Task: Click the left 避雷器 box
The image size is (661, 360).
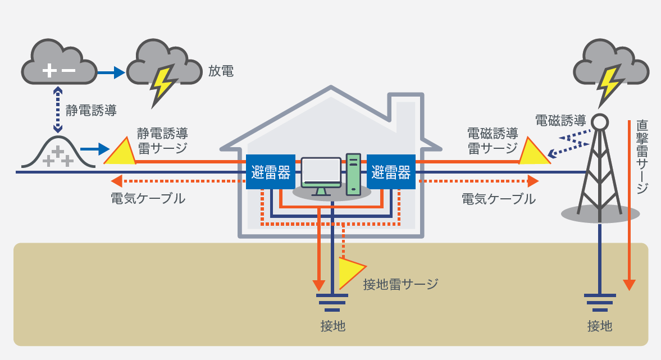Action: [270, 172]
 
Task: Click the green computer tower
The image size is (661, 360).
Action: [354, 173]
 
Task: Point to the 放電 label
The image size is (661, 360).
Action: [220, 71]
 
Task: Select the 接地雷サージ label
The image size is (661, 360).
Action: [400, 284]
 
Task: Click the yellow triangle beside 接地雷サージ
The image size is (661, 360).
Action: [350, 271]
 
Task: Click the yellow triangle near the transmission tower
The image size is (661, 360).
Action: [533, 153]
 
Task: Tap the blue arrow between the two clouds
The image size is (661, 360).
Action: [111, 72]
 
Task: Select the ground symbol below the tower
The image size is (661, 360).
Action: [600, 303]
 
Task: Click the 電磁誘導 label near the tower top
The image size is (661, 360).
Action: [560, 120]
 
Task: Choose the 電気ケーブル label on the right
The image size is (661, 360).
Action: [498, 198]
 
